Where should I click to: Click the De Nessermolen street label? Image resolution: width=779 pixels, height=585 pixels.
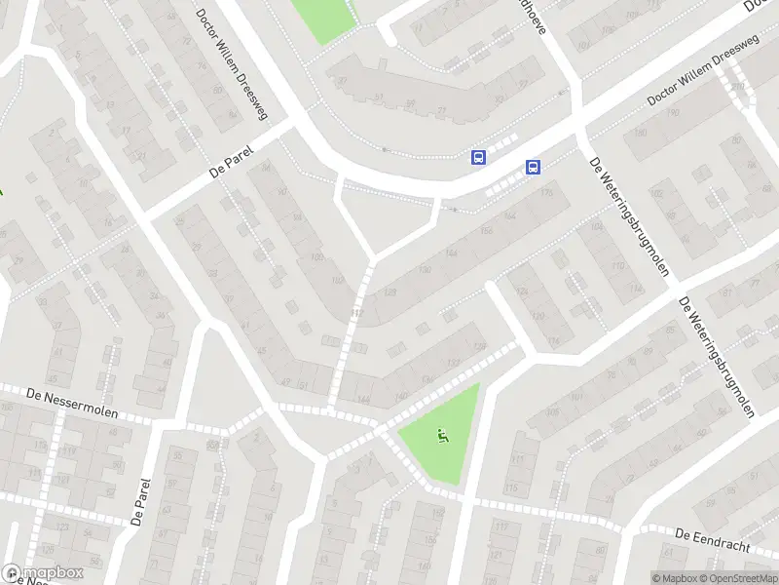[x=72, y=402]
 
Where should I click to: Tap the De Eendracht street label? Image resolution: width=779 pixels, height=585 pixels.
[x=712, y=538]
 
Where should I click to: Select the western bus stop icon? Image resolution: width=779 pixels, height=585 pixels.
[x=478, y=157]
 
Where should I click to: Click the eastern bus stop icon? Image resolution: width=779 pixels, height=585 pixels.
[x=533, y=167]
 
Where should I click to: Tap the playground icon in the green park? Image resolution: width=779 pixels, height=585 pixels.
[x=445, y=436]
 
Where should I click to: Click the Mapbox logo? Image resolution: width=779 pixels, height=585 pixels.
[x=42, y=573]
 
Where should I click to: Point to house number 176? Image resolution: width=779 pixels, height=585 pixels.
[x=545, y=193]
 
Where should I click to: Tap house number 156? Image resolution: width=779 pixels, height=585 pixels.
[x=486, y=232]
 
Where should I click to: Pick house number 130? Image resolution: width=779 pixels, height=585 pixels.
[x=423, y=270]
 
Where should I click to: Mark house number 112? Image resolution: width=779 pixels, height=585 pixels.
[x=357, y=313]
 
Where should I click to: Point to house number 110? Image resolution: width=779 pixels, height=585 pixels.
[x=616, y=266]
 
